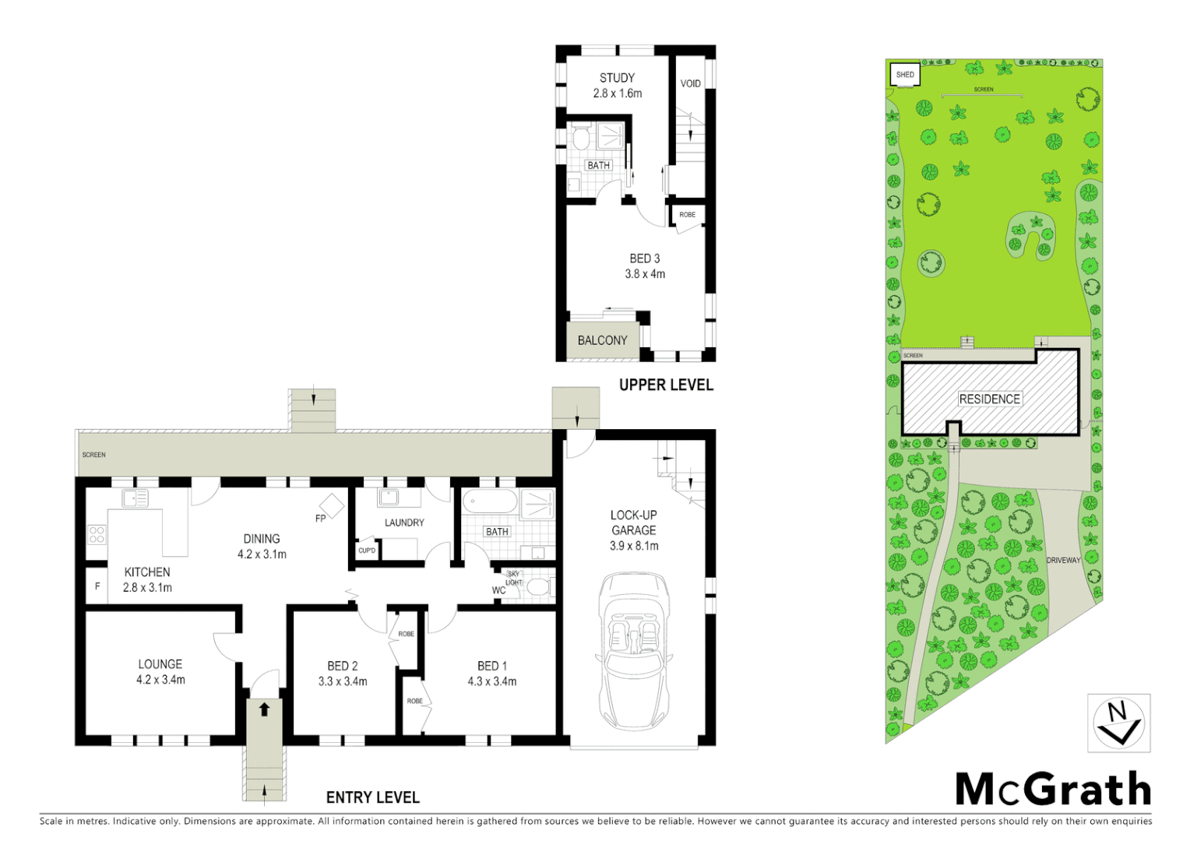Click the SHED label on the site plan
pos(905,75)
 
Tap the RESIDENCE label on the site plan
pos(989,399)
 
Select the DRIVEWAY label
pos(1063,560)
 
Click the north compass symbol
pos(1118,723)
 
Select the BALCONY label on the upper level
pos(602,340)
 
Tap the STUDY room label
pos(617,78)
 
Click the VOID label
pos(690,84)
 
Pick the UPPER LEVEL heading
pos(666,385)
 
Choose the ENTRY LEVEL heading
pos(372,797)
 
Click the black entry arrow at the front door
pos(265,709)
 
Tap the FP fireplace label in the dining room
pos(320,519)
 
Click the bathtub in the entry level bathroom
pos(490,501)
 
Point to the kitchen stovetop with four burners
pos(97,534)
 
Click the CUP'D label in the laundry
pos(367,551)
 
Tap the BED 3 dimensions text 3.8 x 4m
pos(645,274)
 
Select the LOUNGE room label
pos(160,664)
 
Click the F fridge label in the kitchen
pos(97,586)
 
